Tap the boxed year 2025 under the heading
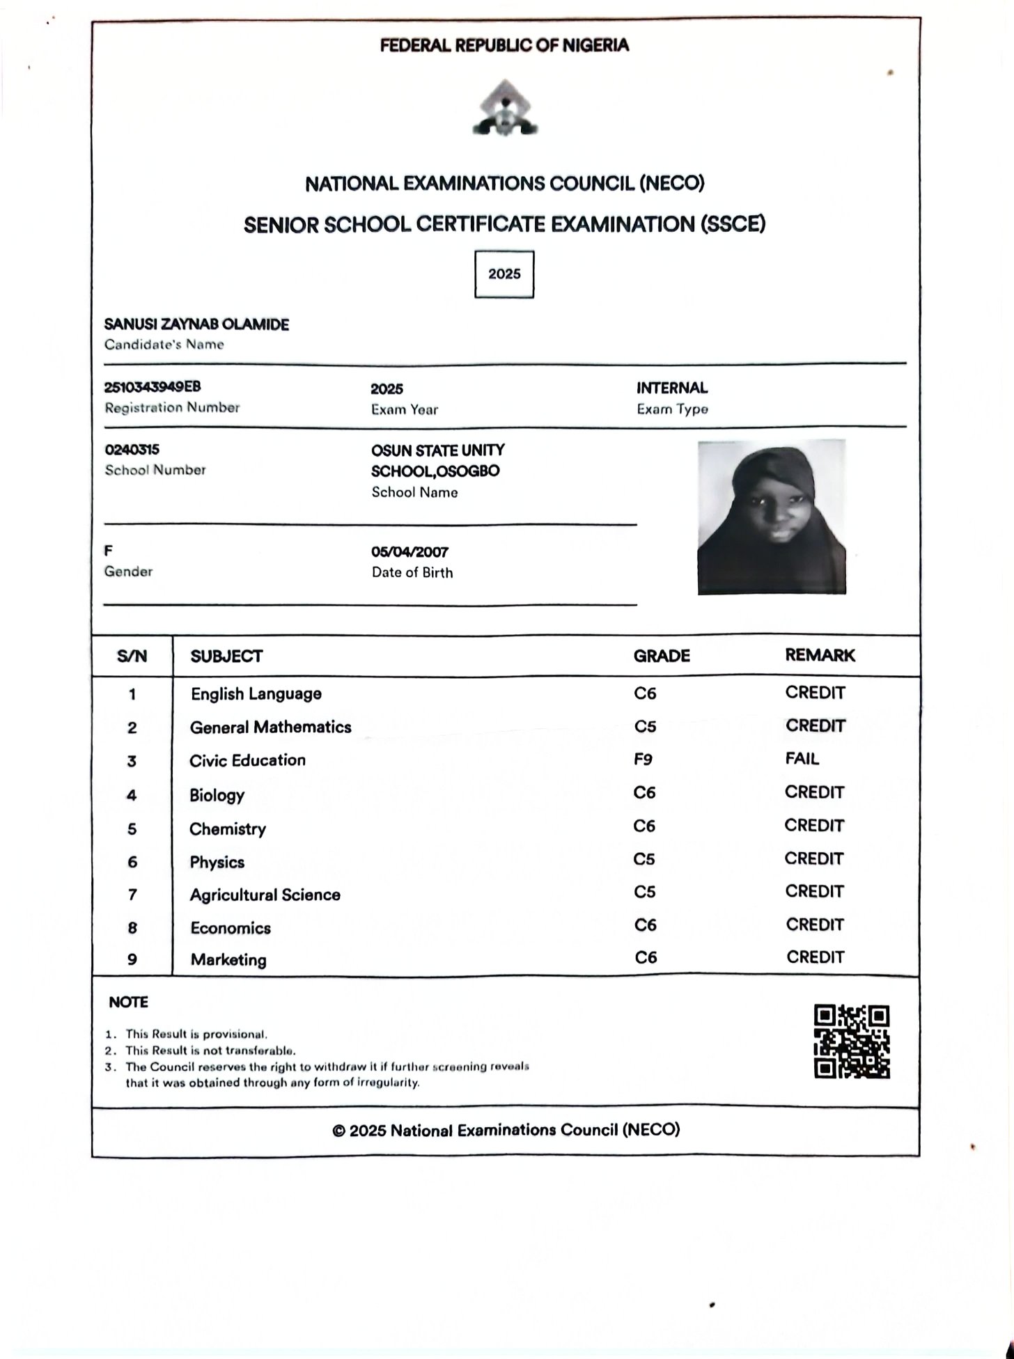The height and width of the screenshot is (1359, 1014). point(504,274)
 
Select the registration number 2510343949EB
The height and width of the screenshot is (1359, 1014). point(153,387)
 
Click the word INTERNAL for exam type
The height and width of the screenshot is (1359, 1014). point(671,388)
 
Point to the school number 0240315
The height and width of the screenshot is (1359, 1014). point(132,450)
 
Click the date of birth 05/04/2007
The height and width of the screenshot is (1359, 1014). point(409,552)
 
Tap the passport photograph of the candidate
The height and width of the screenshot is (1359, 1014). point(772,517)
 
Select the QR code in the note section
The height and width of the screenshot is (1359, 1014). point(852,1042)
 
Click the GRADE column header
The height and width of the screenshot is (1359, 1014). point(662,656)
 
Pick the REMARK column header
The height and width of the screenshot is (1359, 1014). point(820,655)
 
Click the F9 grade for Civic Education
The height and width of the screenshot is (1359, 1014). point(643,759)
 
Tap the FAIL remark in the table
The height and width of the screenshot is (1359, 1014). point(802,759)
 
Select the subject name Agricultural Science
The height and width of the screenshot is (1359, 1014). point(265,895)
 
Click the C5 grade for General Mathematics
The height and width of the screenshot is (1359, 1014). point(645,726)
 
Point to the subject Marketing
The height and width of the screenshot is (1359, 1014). point(228,959)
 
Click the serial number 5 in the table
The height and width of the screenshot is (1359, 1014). point(132,828)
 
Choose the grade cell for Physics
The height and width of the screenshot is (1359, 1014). point(644,859)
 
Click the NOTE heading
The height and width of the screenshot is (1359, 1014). point(128,1003)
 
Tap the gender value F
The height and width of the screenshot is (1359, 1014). point(108,551)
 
